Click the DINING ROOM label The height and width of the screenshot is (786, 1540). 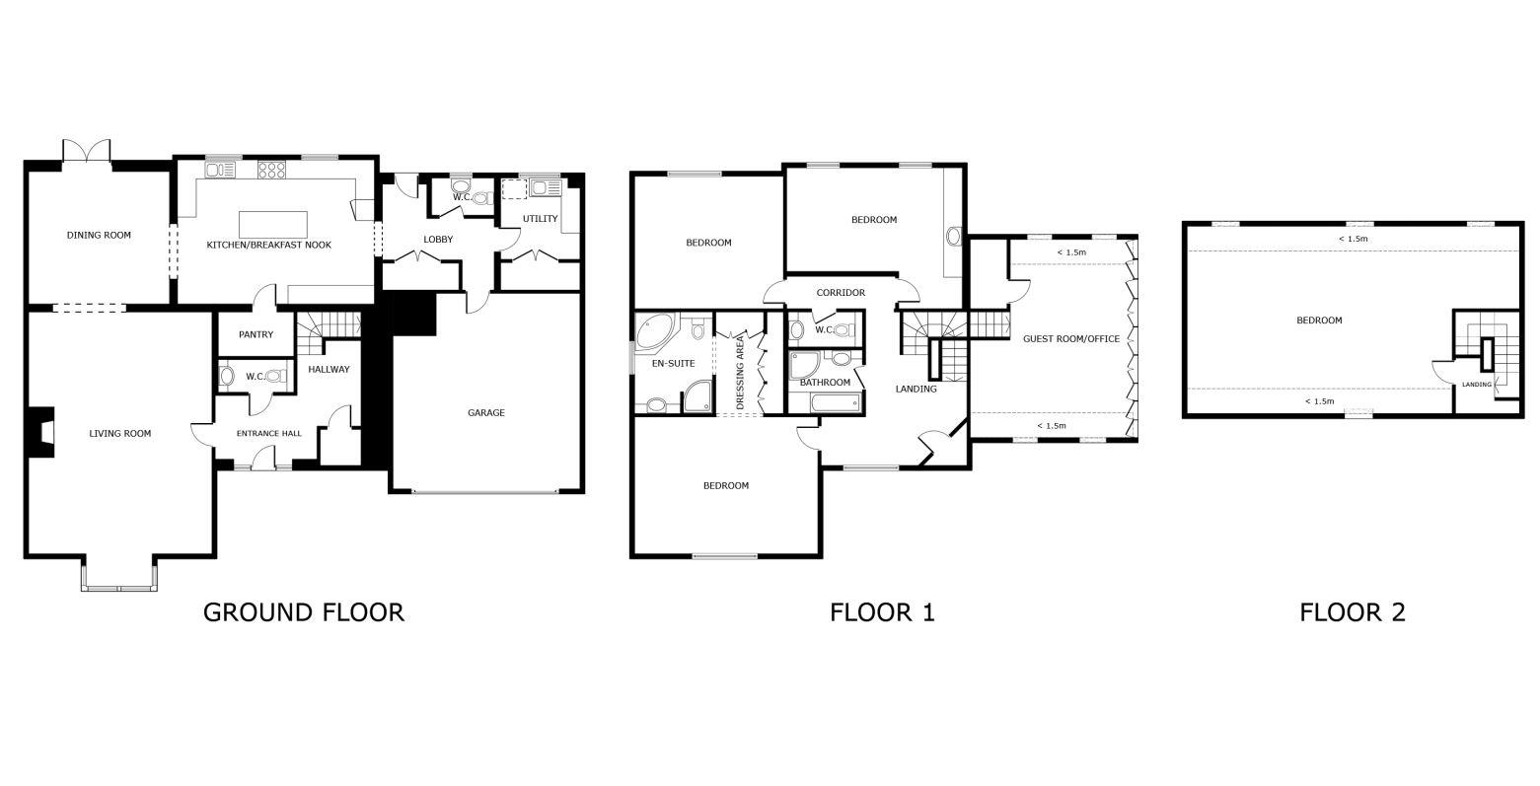click(99, 236)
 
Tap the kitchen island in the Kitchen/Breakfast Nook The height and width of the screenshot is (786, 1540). click(274, 224)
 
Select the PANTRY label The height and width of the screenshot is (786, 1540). click(256, 335)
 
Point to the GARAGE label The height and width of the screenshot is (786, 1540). click(485, 413)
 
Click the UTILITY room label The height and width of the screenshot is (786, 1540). click(540, 219)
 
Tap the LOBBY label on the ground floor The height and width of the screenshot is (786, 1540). click(438, 240)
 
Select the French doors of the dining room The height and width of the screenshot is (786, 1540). click(85, 152)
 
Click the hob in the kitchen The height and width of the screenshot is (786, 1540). click(271, 171)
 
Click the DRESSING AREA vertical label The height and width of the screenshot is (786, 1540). click(740, 373)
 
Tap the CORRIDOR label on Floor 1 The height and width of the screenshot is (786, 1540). click(841, 293)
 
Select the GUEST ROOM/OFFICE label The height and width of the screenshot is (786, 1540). click(1071, 339)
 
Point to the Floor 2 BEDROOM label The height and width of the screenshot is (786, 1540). click(1319, 321)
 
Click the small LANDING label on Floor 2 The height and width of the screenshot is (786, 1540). click(1477, 385)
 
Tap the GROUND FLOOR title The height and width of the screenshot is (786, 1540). click(303, 612)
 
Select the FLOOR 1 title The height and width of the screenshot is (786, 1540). click(882, 612)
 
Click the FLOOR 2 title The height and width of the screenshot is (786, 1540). click(1352, 612)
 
